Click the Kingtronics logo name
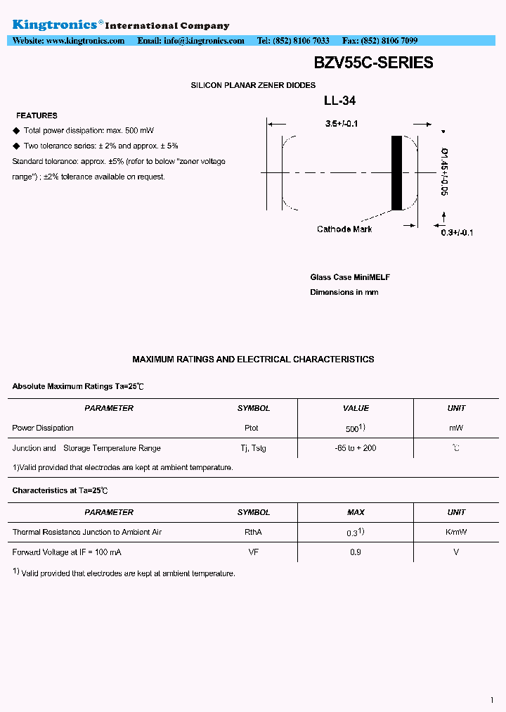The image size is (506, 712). (54, 25)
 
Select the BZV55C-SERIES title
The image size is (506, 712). (373, 63)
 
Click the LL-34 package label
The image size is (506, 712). (339, 101)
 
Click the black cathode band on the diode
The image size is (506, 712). (397, 172)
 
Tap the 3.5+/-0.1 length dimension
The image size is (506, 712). (342, 124)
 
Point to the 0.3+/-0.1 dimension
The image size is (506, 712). (457, 233)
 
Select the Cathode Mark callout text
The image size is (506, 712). (344, 229)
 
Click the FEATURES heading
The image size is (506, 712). (37, 115)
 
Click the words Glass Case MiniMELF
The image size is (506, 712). (350, 277)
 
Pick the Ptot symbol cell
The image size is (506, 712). (252, 428)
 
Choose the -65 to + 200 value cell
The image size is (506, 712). (356, 448)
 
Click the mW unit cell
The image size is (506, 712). (456, 428)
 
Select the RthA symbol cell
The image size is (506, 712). (253, 532)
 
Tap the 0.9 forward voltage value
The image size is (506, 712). (356, 552)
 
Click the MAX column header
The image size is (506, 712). (356, 512)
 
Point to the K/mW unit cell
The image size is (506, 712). (456, 532)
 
